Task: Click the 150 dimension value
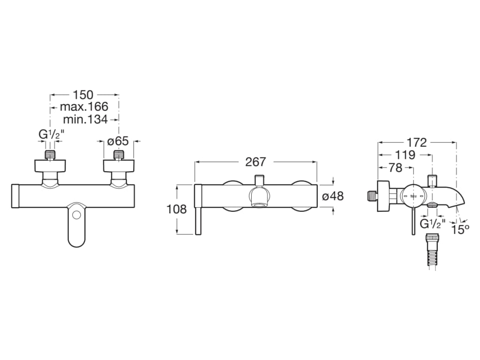pyautogui.click(x=83, y=94)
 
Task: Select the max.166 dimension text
pyautogui.click(x=84, y=106)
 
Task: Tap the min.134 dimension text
pyautogui.click(x=85, y=119)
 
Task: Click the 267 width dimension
pyautogui.click(x=255, y=162)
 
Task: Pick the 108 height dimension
pyautogui.click(x=177, y=209)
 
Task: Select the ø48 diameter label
pyautogui.click(x=333, y=196)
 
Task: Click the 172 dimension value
pyautogui.click(x=417, y=142)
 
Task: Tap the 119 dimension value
pyautogui.click(x=405, y=155)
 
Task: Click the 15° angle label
pyautogui.click(x=460, y=229)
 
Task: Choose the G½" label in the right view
pyautogui.click(x=431, y=224)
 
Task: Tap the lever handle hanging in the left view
pyautogui.click(x=76, y=225)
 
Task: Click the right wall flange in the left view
pyautogui.click(x=119, y=165)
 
